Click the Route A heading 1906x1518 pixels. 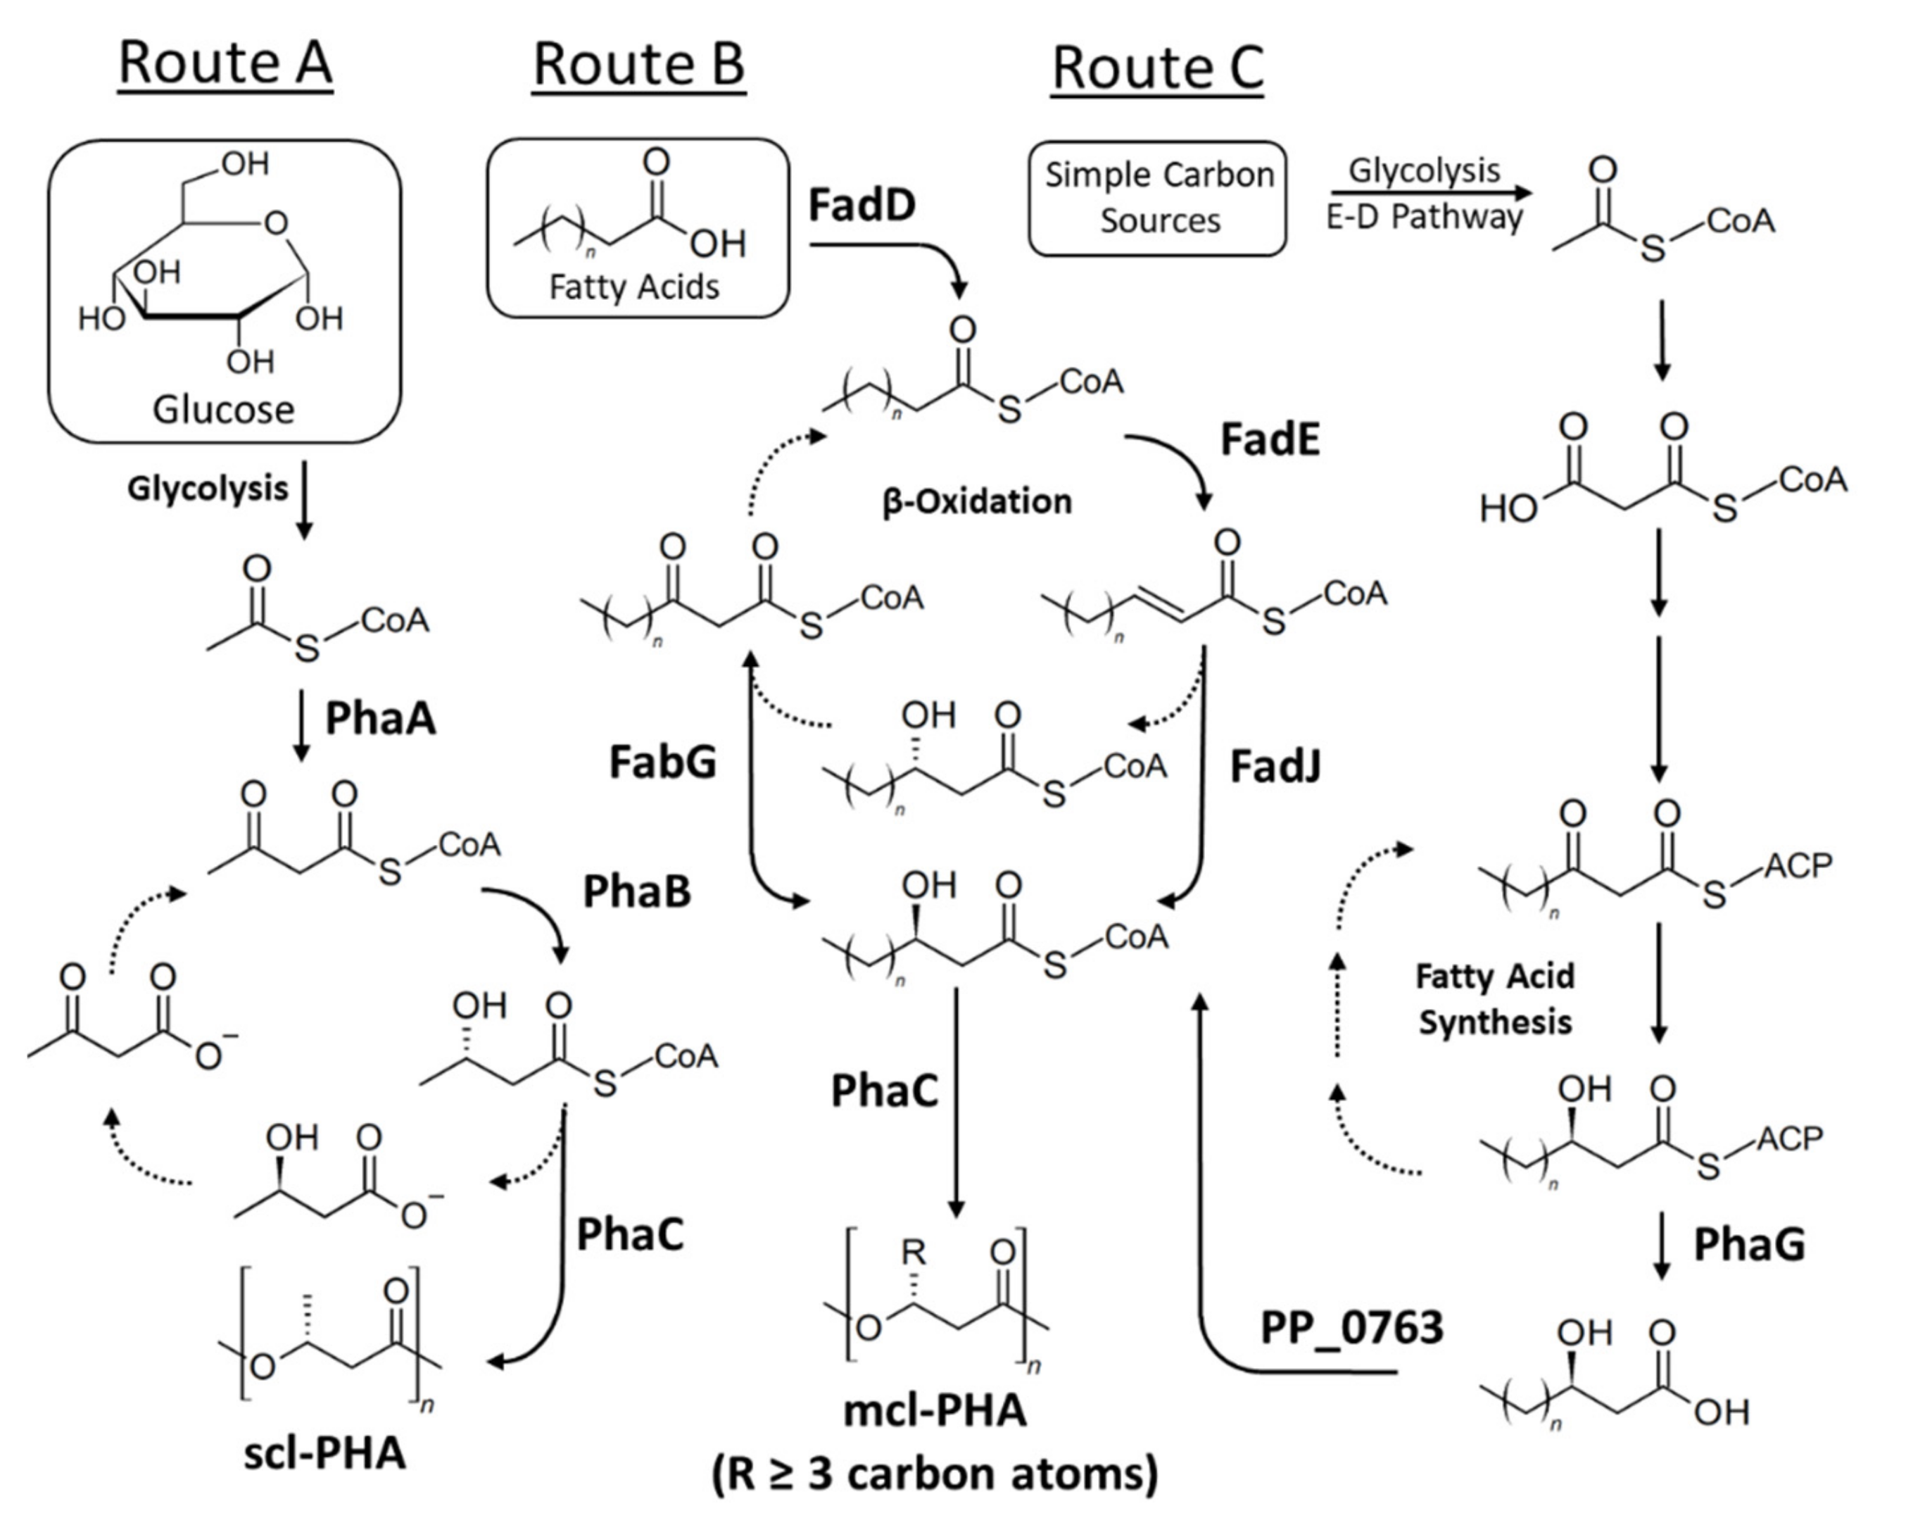(225, 63)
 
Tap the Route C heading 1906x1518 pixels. (1157, 69)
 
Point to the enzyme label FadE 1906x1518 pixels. (1270, 439)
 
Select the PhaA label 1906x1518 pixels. (380, 719)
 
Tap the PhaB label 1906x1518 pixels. (636, 892)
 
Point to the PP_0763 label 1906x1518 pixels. (1351, 1327)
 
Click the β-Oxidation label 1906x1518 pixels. (977, 502)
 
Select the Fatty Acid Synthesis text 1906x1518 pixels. (1495, 1000)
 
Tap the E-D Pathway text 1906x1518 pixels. (1423, 218)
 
